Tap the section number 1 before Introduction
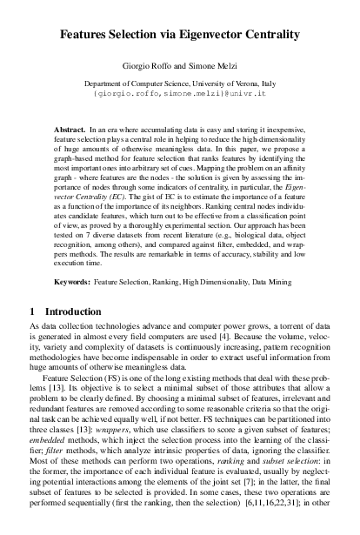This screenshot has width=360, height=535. (x=33, y=311)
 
